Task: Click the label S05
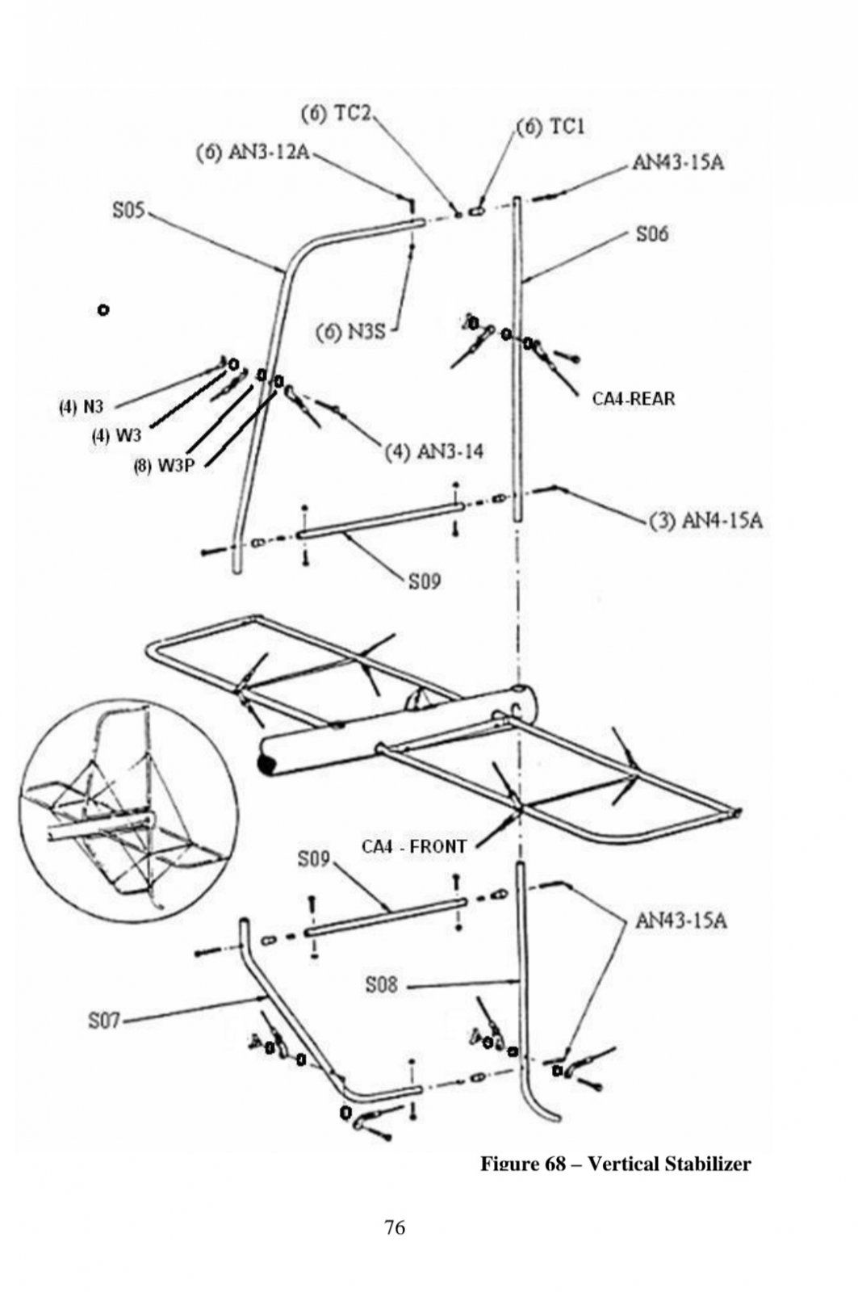[x=128, y=212]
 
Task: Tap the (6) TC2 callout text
[x=335, y=114]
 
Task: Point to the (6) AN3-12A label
[x=253, y=153]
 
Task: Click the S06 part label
[x=652, y=234]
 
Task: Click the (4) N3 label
[x=80, y=407]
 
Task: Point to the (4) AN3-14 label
[x=433, y=451]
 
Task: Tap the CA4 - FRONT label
[x=413, y=846]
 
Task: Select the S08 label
[x=381, y=984]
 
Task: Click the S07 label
[x=103, y=1021]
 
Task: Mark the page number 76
[x=395, y=1228]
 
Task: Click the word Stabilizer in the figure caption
[x=706, y=1164]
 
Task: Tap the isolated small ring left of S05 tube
[x=103, y=309]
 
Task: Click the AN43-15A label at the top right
[x=678, y=162]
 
